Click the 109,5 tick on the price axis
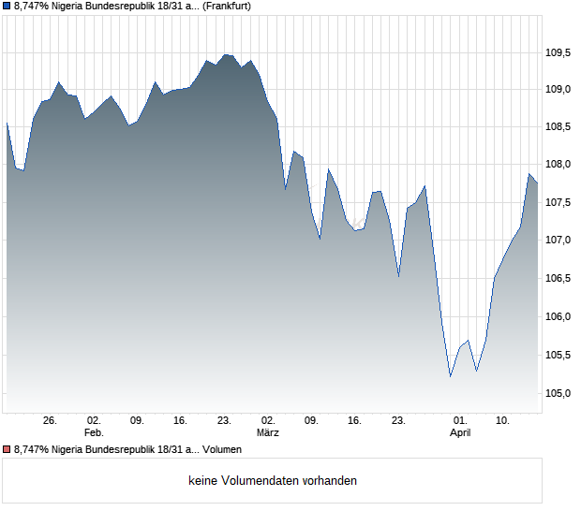[x=558, y=52]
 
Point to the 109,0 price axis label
[x=558, y=90]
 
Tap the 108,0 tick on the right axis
[x=558, y=165]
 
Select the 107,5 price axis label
[x=558, y=202]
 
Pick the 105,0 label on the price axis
[x=558, y=393]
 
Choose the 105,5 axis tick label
[x=558, y=355]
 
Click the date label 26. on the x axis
[x=51, y=421]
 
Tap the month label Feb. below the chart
[x=93, y=433]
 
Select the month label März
[x=268, y=433]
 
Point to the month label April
[x=460, y=433]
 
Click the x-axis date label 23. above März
[x=224, y=421]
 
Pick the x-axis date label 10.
[x=503, y=421]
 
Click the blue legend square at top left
[x=7, y=6]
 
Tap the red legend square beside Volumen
[x=7, y=450]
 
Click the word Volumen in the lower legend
[x=221, y=450]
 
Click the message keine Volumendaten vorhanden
[x=273, y=481]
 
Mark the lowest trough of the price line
[x=451, y=376]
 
